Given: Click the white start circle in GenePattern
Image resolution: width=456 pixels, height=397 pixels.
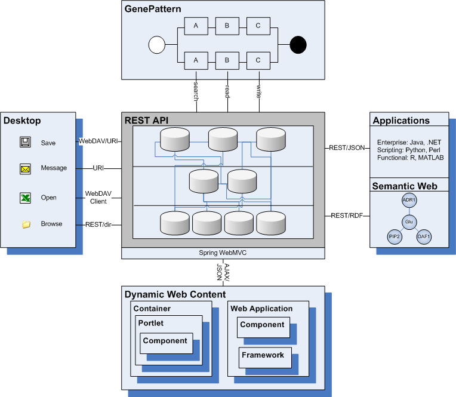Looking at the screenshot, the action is coord(157,45).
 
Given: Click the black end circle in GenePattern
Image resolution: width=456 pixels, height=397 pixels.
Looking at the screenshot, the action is coord(298,45).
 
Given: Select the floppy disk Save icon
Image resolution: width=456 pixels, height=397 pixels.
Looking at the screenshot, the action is coord(25,142).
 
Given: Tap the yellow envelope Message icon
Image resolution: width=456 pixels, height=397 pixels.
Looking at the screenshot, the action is coord(25,169).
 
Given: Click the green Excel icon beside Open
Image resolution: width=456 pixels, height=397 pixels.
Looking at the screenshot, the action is coord(25,198).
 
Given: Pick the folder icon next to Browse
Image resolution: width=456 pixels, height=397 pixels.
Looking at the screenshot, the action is coord(26,224).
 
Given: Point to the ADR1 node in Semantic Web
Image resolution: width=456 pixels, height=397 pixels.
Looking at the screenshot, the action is coord(409,200).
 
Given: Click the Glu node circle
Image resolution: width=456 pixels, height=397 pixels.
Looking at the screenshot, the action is coord(409,222).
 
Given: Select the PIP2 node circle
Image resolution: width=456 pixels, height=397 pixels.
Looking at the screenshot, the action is coord(395,237).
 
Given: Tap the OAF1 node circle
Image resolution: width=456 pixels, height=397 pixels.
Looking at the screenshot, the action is coord(424,237).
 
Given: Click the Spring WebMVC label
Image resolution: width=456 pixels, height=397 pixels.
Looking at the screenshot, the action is coord(223,253).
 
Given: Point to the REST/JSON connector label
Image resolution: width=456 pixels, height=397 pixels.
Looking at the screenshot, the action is coord(347,147).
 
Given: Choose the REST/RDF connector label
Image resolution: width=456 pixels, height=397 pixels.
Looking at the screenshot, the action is coord(347,216).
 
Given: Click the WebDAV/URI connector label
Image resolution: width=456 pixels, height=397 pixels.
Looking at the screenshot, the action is coord(98,141).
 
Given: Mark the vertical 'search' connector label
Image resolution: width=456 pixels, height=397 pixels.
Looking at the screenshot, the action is coord(196,91).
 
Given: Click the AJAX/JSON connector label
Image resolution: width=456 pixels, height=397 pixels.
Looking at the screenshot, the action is coord(223,272).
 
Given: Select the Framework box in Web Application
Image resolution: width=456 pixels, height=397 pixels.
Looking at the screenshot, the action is coord(265,358).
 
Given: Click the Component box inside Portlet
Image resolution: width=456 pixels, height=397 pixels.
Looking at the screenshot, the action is coord(167,343).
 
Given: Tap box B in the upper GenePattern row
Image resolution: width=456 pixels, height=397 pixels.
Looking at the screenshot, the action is coord(227,26).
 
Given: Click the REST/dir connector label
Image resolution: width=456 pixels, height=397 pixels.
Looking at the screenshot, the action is coord(98,224).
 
